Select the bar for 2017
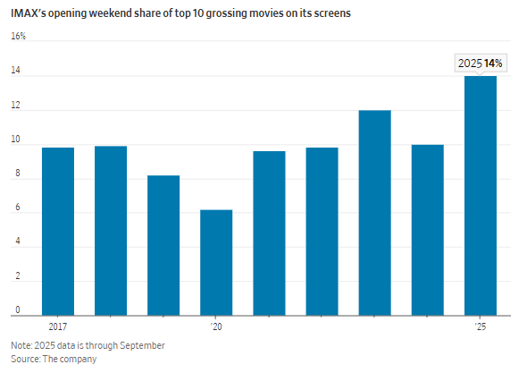pos(58,232)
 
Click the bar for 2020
pos(216,263)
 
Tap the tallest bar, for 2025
pos(481,196)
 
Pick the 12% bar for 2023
pos(375,213)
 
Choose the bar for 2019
pos(163,245)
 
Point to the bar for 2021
pos(269,233)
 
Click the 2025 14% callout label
pos(481,64)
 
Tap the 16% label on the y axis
pos(18,36)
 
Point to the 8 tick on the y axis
pos(18,173)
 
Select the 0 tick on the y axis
pos(18,309)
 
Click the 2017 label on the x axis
pos(58,326)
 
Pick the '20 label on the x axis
pos(216,326)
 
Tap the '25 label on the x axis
pos(481,326)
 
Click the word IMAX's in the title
pos(29,13)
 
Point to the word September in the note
pos(142,346)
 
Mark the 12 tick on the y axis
pos(16,105)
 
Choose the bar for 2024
pos(428,230)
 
